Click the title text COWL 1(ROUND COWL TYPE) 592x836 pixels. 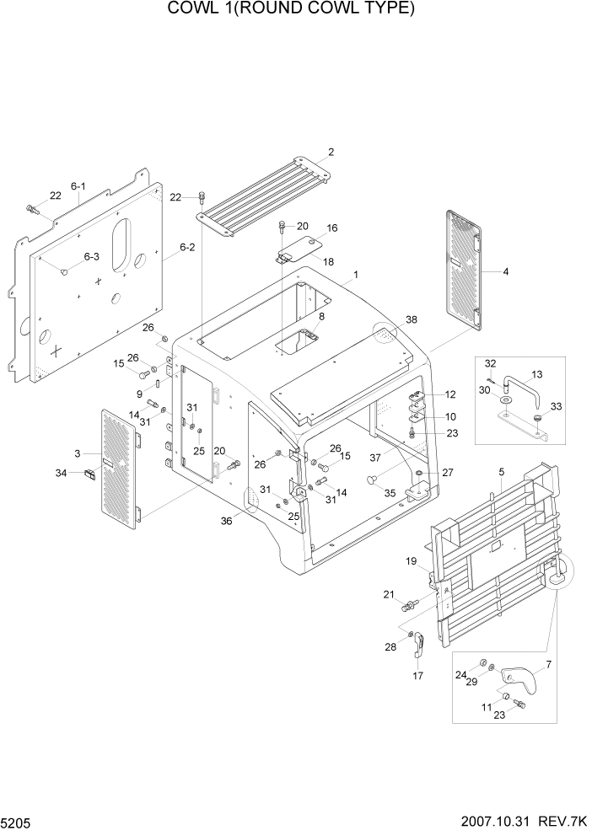tap(291, 9)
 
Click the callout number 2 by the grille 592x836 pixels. tap(331, 153)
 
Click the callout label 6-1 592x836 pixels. tap(79, 185)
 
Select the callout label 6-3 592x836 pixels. tap(90, 256)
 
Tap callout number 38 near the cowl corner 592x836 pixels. tap(411, 319)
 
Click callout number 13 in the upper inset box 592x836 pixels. tap(536, 373)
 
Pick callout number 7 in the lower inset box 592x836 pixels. tap(548, 665)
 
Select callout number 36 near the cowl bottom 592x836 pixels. tap(226, 521)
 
